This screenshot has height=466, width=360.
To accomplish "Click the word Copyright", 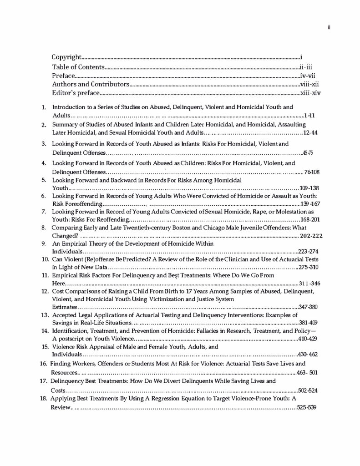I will tap(66, 57).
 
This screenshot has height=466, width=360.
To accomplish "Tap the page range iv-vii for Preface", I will tap(308, 76).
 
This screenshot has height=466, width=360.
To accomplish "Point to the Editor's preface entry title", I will tap(75, 94).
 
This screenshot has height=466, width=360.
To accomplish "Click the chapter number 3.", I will tap(44, 144).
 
